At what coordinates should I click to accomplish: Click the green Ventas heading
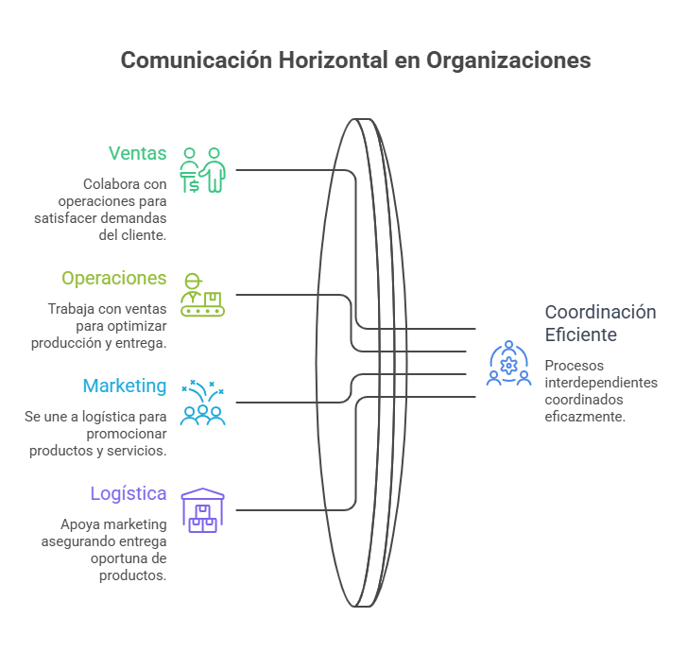coord(138,153)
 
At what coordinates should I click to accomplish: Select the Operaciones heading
coord(114,279)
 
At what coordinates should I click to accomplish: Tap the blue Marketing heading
coord(125,386)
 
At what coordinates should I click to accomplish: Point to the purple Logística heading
coord(129,494)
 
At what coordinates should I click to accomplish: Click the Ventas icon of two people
coord(202,170)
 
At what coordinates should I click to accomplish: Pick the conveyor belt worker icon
coord(202,295)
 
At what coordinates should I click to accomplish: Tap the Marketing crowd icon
coord(202,403)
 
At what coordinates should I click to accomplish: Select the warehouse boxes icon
coord(202,510)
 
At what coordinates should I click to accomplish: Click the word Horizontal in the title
coord(333,60)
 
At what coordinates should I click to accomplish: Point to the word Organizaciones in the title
coord(508,60)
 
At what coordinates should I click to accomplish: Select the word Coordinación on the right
coord(600,313)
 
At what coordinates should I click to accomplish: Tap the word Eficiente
coord(580,335)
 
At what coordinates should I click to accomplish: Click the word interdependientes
coord(601,383)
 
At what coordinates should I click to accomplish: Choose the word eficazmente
coord(585,417)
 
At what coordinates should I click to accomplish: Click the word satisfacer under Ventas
coord(66,218)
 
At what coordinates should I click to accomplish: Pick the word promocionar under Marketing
coord(127,435)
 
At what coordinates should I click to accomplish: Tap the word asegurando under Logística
coord(78,542)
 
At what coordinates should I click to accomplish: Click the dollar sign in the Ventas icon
coord(194,186)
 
